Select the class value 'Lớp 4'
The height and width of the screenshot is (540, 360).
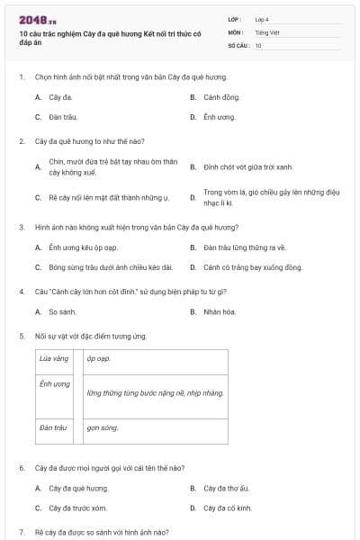point(262,19)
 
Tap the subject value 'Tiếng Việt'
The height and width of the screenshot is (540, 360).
point(266,32)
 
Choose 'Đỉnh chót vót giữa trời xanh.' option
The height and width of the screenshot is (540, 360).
point(247,166)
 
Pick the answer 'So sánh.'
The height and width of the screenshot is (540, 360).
point(62,311)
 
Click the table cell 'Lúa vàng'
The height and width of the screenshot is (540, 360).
point(54,359)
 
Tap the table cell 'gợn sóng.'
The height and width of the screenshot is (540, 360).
point(103,428)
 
